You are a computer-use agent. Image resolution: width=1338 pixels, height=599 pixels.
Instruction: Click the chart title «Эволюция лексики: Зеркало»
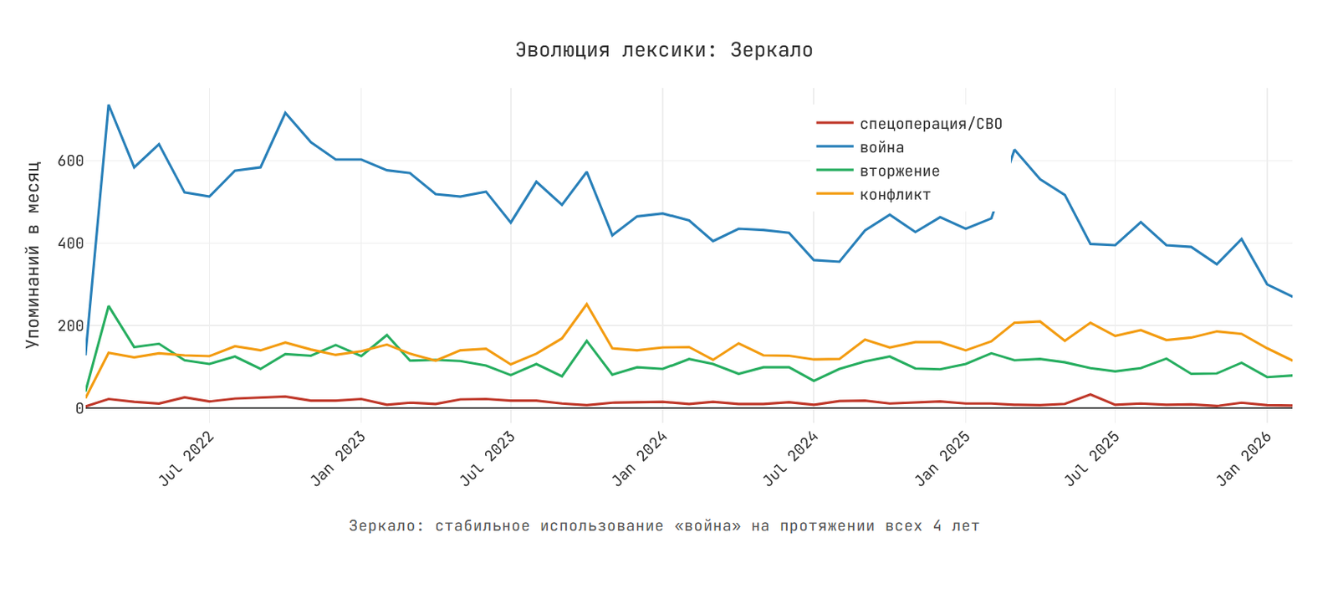pos(664,50)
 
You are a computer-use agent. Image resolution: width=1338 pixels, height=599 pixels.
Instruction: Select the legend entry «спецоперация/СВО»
pos(930,124)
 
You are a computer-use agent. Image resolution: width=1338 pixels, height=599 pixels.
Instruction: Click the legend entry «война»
pos(881,147)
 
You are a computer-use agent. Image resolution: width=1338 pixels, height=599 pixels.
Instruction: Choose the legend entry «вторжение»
pos(899,172)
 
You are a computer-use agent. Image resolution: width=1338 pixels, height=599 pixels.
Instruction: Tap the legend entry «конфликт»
pos(895,195)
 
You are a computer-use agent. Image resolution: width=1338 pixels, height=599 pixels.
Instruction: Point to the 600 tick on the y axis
pos(70,161)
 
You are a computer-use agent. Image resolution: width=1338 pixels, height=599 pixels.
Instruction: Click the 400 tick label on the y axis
pos(70,243)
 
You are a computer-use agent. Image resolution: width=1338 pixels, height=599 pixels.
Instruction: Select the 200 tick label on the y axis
pos(70,325)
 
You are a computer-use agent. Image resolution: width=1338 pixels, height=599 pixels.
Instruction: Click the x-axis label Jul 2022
pos(187,458)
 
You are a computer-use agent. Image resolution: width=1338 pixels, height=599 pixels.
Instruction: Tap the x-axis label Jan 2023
pos(339,458)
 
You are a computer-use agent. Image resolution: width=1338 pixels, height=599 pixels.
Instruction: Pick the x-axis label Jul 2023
pos(488,458)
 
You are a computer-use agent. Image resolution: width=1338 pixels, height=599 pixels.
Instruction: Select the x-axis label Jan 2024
pos(641,458)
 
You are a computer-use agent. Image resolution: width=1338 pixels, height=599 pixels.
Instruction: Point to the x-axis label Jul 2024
pos(791,458)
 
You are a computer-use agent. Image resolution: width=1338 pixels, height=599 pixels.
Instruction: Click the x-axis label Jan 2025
pos(943,458)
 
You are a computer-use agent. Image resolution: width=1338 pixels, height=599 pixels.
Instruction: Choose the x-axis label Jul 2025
pos(1093,458)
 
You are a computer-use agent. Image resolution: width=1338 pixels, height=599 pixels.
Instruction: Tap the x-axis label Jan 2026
pos(1245,458)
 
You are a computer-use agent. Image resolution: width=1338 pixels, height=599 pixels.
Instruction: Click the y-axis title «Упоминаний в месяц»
pos(33,254)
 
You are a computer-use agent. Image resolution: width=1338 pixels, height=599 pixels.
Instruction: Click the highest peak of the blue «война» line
pos(109,105)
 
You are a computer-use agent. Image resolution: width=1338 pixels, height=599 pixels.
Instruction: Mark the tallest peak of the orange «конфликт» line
pos(586,304)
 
